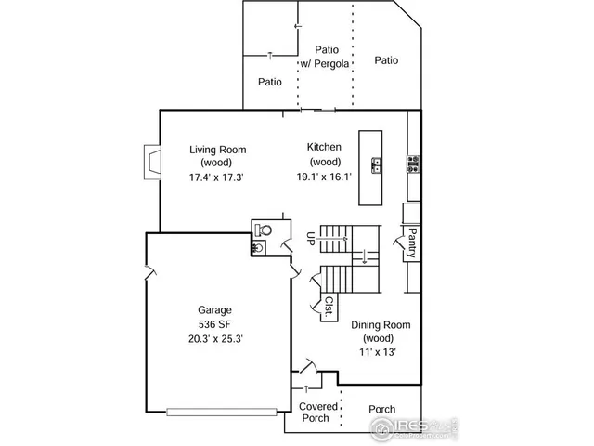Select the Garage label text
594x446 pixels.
(214, 310)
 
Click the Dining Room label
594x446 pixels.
(381, 326)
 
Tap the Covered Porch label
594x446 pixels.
(317, 413)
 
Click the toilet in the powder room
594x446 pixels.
(265, 229)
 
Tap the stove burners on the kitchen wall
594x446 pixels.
(411, 165)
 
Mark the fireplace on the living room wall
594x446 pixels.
(149, 162)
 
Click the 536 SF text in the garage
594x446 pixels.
(214, 324)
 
